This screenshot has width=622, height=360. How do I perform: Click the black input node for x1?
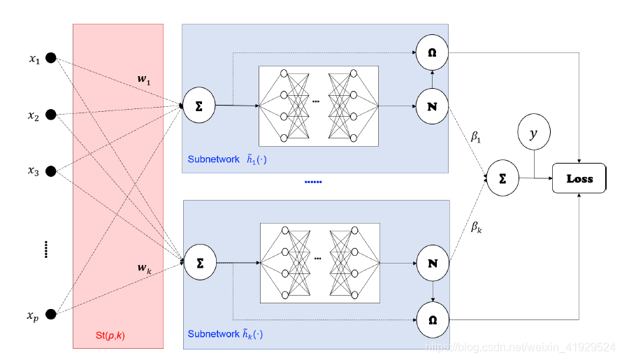(x=50, y=59)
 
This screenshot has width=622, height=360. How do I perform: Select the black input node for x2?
(x=50, y=115)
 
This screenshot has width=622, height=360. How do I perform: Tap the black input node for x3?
(x=50, y=171)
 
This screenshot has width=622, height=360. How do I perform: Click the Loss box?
(x=579, y=178)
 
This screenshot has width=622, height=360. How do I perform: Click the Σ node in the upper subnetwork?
(x=199, y=106)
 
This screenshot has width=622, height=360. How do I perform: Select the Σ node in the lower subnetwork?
(x=200, y=263)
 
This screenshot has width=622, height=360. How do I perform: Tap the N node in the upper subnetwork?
(x=432, y=106)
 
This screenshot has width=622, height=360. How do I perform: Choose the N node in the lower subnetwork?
(x=432, y=264)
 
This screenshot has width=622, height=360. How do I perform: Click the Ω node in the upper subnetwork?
(x=432, y=52)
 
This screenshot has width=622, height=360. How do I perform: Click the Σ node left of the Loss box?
(x=502, y=178)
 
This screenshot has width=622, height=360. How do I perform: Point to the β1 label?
(x=476, y=138)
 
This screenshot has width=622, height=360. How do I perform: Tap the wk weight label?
(x=145, y=268)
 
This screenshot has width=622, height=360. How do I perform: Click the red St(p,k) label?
(x=110, y=336)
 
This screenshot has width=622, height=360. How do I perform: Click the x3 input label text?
(x=34, y=171)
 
